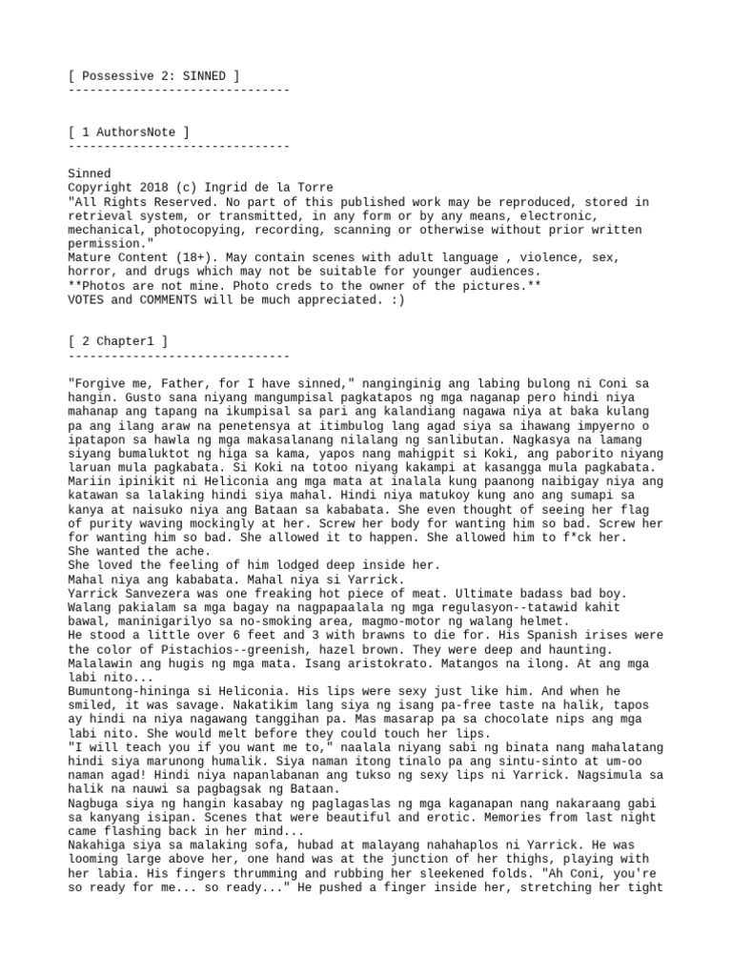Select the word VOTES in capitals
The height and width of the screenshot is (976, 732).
pyautogui.click(x=89, y=299)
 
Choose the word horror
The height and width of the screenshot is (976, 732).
pyautogui.click(x=90, y=272)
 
